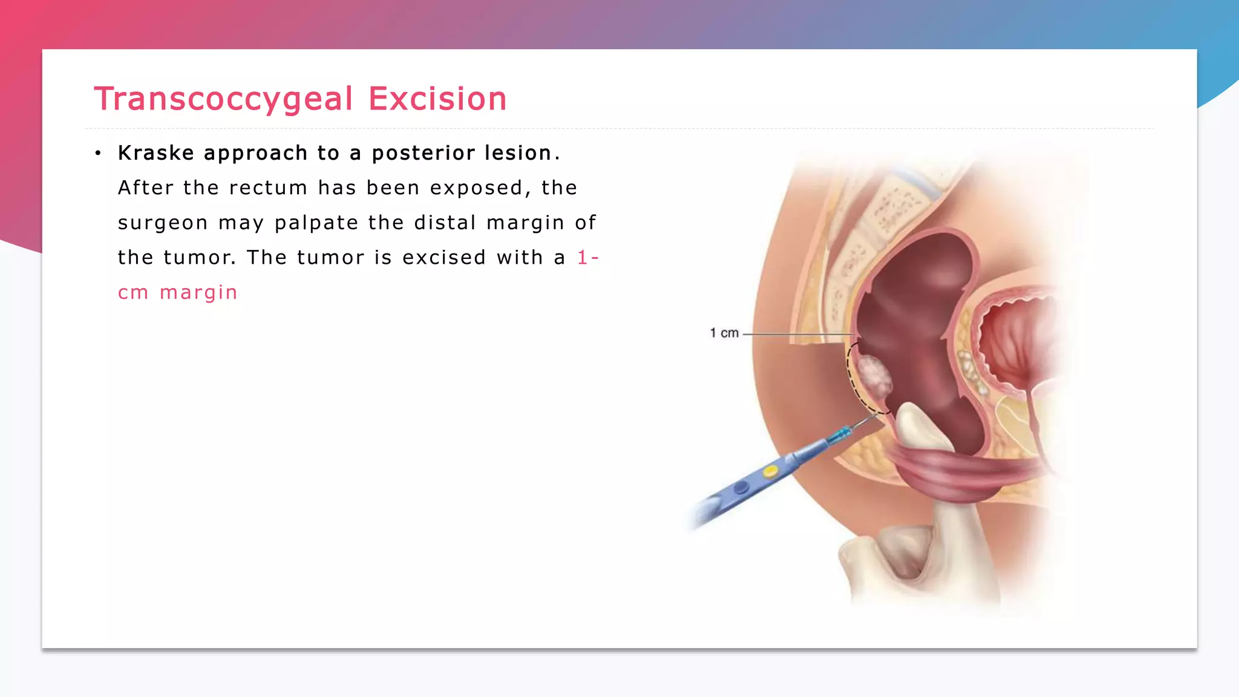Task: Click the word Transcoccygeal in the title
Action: (x=223, y=99)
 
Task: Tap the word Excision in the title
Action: (x=437, y=99)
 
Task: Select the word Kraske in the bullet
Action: (x=155, y=153)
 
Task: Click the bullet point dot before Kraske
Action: (x=97, y=154)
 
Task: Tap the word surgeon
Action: (x=163, y=223)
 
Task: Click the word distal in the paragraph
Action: (x=445, y=223)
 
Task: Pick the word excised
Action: (x=444, y=258)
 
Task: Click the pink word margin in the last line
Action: (x=198, y=293)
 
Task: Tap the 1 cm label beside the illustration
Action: (x=724, y=333)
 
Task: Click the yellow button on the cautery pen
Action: (x=770, y=471)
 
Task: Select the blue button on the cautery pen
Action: (x=741, y=487)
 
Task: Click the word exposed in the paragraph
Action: (x=476, y=188)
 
